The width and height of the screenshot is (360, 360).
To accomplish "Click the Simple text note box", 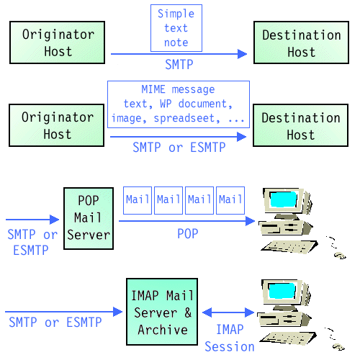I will point(176,28).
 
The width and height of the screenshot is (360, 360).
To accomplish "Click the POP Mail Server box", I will point(88,218).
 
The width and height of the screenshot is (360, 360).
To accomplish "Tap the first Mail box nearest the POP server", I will point(137,199).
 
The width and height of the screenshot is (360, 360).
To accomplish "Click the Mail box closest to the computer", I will point(230,199).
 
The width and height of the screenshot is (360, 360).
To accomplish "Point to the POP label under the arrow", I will point(188,235).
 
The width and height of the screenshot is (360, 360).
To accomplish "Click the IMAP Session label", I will point(229,338).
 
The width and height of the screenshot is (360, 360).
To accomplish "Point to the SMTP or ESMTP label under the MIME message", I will point(179,147).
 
